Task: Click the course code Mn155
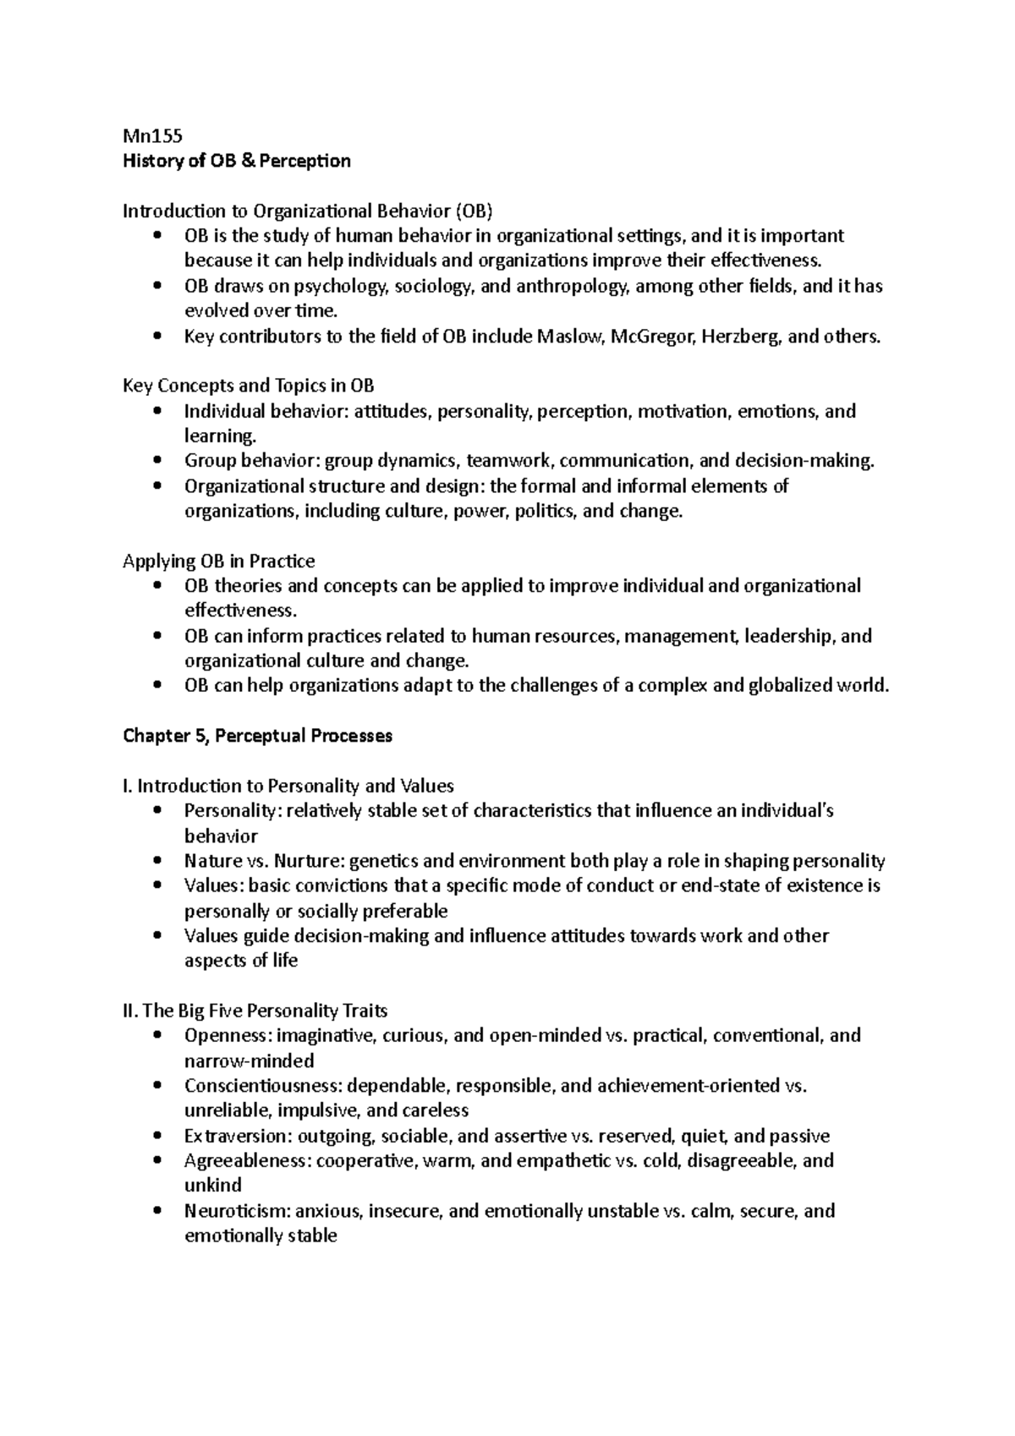(152, 135)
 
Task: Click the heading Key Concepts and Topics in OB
(248, 386)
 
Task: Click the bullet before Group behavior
(157, 461)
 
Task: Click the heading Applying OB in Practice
(219, 562)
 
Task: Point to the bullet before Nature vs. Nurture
(157, 861)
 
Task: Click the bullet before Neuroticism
(157, 1211)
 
